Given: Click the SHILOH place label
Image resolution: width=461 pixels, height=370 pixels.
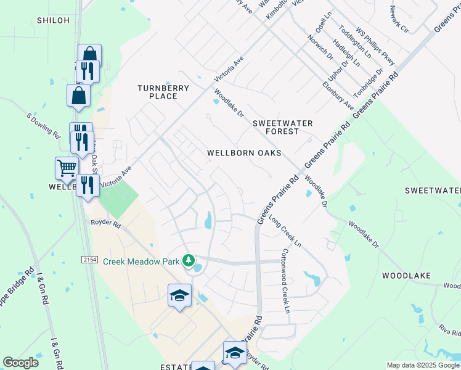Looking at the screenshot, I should (53, 20).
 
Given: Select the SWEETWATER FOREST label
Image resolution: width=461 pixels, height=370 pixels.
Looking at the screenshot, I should (283, 127).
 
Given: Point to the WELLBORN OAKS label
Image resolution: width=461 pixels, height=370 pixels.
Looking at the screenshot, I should (244, 153).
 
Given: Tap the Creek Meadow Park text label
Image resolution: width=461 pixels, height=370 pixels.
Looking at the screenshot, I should (141, 261).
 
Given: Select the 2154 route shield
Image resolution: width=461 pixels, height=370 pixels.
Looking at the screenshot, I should (89, 260).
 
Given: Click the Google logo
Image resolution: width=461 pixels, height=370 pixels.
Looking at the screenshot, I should (20, 363).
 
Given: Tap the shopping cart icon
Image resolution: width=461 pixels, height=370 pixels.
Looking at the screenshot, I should (66, 167).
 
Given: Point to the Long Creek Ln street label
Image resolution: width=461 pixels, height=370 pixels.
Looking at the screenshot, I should (285, 231).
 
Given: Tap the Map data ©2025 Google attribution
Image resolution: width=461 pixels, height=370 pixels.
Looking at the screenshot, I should (423, 365).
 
